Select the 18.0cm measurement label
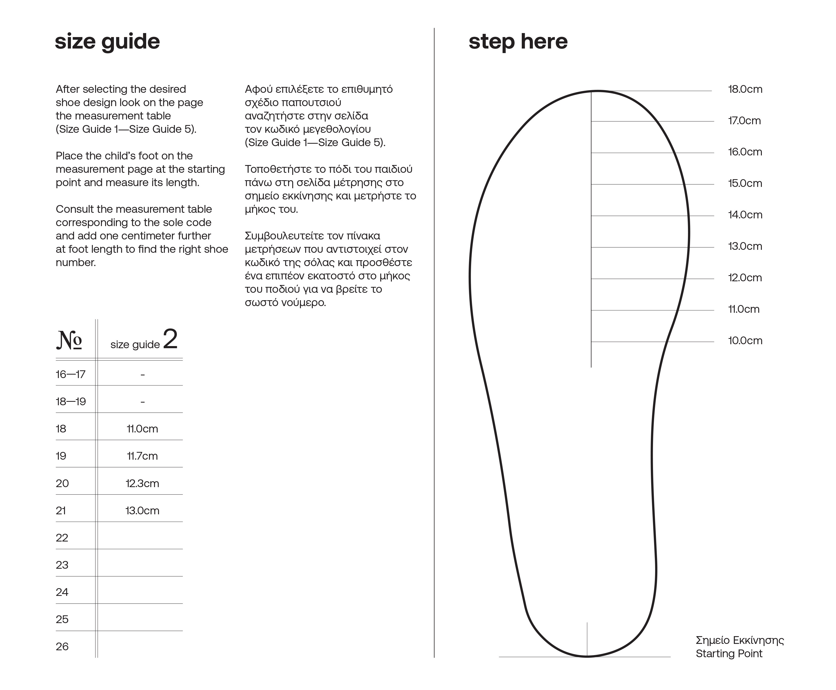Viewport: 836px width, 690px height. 745,89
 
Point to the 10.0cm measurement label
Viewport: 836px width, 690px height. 745,341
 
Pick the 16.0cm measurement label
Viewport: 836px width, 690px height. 745,152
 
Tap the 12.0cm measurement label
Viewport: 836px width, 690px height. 745,278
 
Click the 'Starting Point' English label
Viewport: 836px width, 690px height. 728,653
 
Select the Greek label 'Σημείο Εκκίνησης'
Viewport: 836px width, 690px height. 740,640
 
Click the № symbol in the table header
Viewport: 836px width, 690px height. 69,340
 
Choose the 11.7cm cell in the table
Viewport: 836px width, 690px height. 142,456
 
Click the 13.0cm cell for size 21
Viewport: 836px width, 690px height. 142,511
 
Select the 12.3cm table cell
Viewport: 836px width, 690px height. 142,483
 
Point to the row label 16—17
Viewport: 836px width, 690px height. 70,374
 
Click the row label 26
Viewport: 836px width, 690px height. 62,647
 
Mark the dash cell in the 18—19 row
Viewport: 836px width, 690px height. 142,402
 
